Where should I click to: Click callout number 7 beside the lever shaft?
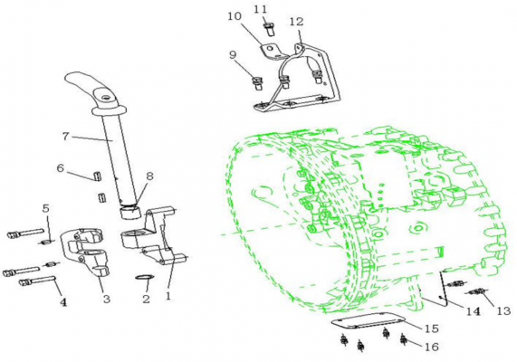pos(66,136)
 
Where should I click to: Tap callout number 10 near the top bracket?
pos(235,16)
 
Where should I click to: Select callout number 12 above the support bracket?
pos(296,22)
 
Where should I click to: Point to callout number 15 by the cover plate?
pos(432,329)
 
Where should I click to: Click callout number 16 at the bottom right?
pos(432,347)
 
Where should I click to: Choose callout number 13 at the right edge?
pos(503,311)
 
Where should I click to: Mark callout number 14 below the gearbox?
pos(473,311)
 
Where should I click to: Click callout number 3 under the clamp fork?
pos(107,299)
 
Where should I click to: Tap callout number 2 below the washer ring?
pos(146,299)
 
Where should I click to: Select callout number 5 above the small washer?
pos(46,208)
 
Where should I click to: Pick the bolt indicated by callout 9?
pos(257,83)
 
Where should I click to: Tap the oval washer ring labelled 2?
pos(145,277)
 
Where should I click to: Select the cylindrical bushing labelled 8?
pos(131,212)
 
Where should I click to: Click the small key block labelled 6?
pos(97,176)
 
